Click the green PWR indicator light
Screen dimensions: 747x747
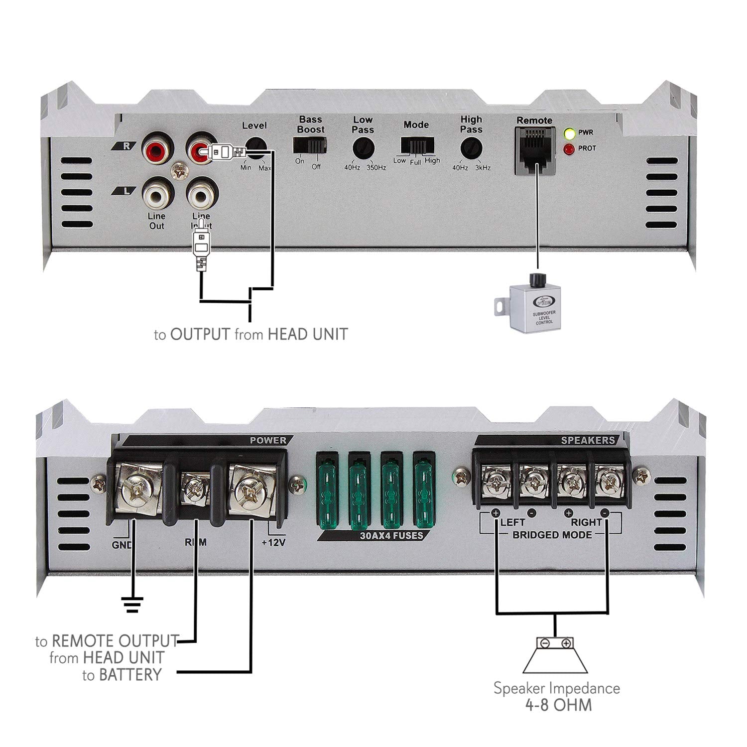(568, 133)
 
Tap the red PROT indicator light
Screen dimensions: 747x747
(568, 149)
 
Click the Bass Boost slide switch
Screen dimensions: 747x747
(309, 145)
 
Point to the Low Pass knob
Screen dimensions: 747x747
(363, 148)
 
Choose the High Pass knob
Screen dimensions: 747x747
(471, 148)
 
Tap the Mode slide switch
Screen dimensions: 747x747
(417, 145)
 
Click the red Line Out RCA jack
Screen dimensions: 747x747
(157, 148)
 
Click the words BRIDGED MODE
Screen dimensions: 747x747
(552, 535)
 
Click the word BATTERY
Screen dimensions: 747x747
(130, 675)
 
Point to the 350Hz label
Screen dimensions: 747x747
(376, 168)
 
